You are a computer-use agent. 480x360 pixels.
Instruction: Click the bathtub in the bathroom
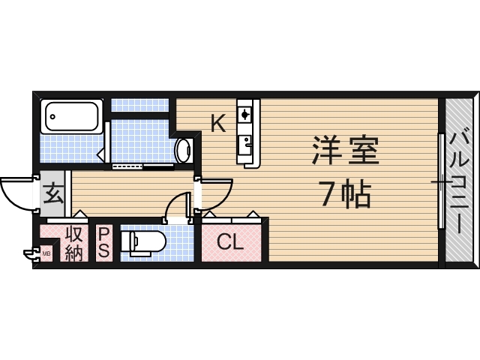pos(72,116)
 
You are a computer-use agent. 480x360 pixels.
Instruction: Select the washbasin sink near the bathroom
pos(184,150)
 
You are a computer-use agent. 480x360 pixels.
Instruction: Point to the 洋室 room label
pos(346,151)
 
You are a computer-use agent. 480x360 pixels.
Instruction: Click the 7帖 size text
pos(346,195)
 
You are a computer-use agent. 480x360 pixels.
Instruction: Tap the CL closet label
pos(229,242)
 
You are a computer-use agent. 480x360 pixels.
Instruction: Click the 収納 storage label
pos(73,242)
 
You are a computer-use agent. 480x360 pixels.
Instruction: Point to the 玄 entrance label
pos(52,195)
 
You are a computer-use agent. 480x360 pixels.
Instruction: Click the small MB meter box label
pos(46,253)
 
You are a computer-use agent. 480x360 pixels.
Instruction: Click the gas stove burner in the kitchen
pos(245,114)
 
